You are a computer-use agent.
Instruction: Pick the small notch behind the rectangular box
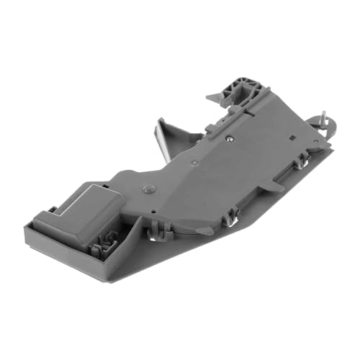point(52,210)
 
